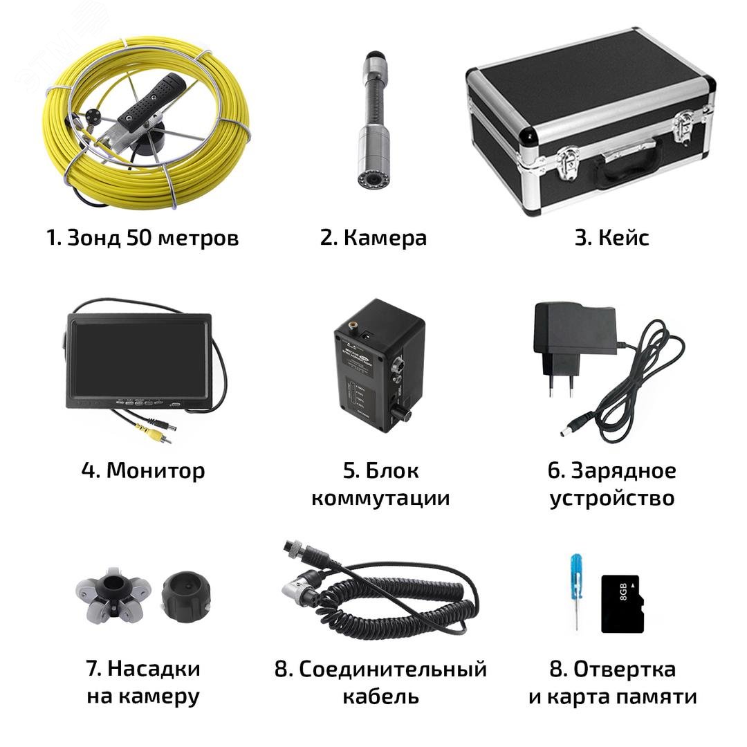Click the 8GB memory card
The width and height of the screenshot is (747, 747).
[x=622, y=603]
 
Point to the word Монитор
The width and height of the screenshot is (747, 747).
[x=156, y=471]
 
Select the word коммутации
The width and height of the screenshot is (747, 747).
[x=380, y=499]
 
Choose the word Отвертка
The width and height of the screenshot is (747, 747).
[x=625, y=670]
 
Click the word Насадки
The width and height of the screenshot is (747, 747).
[x=154, y=670]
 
